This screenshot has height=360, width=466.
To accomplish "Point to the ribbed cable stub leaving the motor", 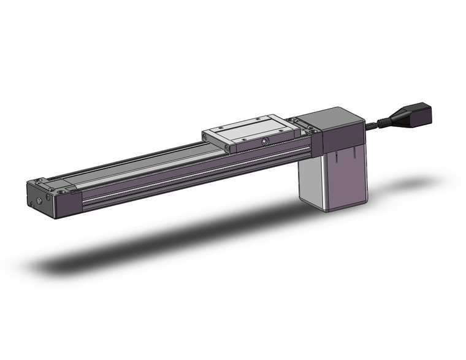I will coord(375,124).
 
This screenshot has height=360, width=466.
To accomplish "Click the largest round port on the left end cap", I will coord(40,200).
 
